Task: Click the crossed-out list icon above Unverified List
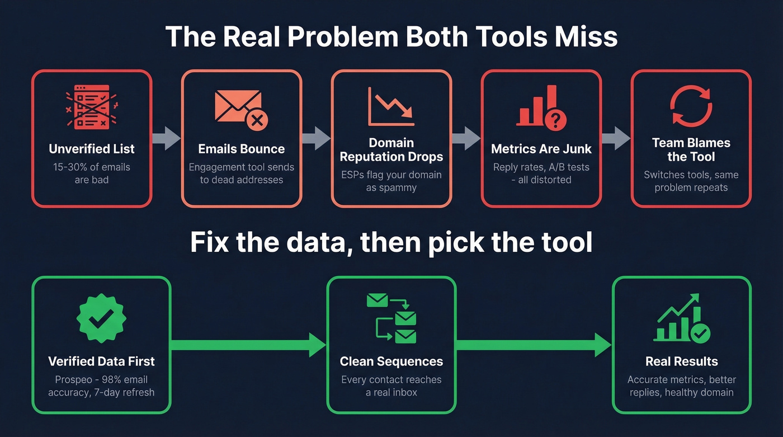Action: click(92, 107)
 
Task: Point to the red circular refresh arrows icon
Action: click(691, 106)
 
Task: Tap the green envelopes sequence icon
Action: click(391, 318)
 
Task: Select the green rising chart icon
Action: click(681, 318)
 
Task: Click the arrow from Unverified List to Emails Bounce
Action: click(166, 138)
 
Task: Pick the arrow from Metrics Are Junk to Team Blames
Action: click(616, 138)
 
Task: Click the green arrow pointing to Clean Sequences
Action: click(248, 345)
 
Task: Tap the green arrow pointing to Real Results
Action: click(534, 345)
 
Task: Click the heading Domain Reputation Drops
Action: click(391, 150)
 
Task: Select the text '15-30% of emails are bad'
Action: click(92, 173)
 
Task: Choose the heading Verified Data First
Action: click(101, 361)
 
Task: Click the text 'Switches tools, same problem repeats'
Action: click(691, 181)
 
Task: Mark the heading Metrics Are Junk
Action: click(541, 149)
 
